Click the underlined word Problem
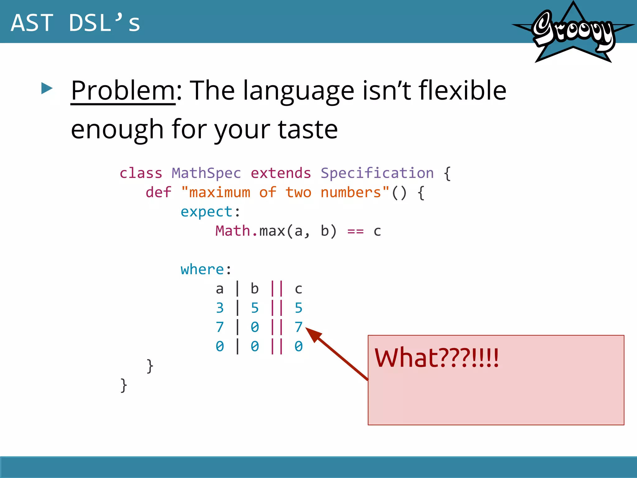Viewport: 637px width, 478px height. [123, 91]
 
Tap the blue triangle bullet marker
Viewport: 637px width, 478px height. [47, 88]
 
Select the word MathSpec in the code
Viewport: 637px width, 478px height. [206, 173]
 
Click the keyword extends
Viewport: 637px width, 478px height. [281, 173]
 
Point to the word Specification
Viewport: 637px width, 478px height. [377, 173]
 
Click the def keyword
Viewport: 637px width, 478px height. [158, 192]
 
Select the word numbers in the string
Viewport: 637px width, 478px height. [351, 192]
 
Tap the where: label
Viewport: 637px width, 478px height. [206, 269]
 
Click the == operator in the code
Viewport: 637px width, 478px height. [355, 231]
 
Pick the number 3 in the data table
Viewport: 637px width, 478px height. [220, 308]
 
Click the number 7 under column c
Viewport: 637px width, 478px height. [298, 327]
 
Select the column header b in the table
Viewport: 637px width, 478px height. [254, 289]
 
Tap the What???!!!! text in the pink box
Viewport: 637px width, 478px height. [436, 358]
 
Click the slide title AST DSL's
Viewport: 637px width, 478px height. [75, 23]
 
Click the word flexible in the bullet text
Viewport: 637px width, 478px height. [463, 91]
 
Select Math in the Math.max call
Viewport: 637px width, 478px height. [233, 231]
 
